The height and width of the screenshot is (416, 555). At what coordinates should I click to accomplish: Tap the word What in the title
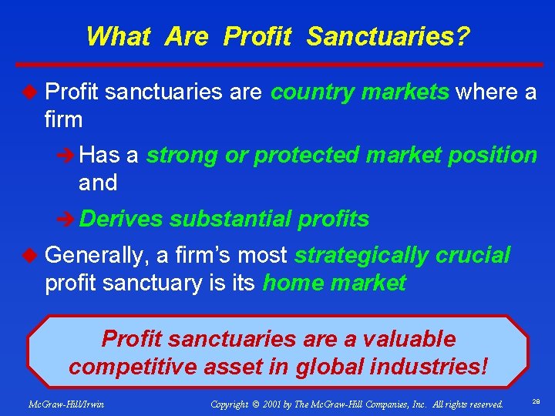[x=117, y=36]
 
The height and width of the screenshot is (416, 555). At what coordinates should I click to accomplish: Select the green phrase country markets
[x=360, y=92]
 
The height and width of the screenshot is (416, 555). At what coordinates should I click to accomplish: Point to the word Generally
[x=96, y=255]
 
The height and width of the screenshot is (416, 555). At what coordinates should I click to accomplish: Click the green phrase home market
[x=334, y=283]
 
